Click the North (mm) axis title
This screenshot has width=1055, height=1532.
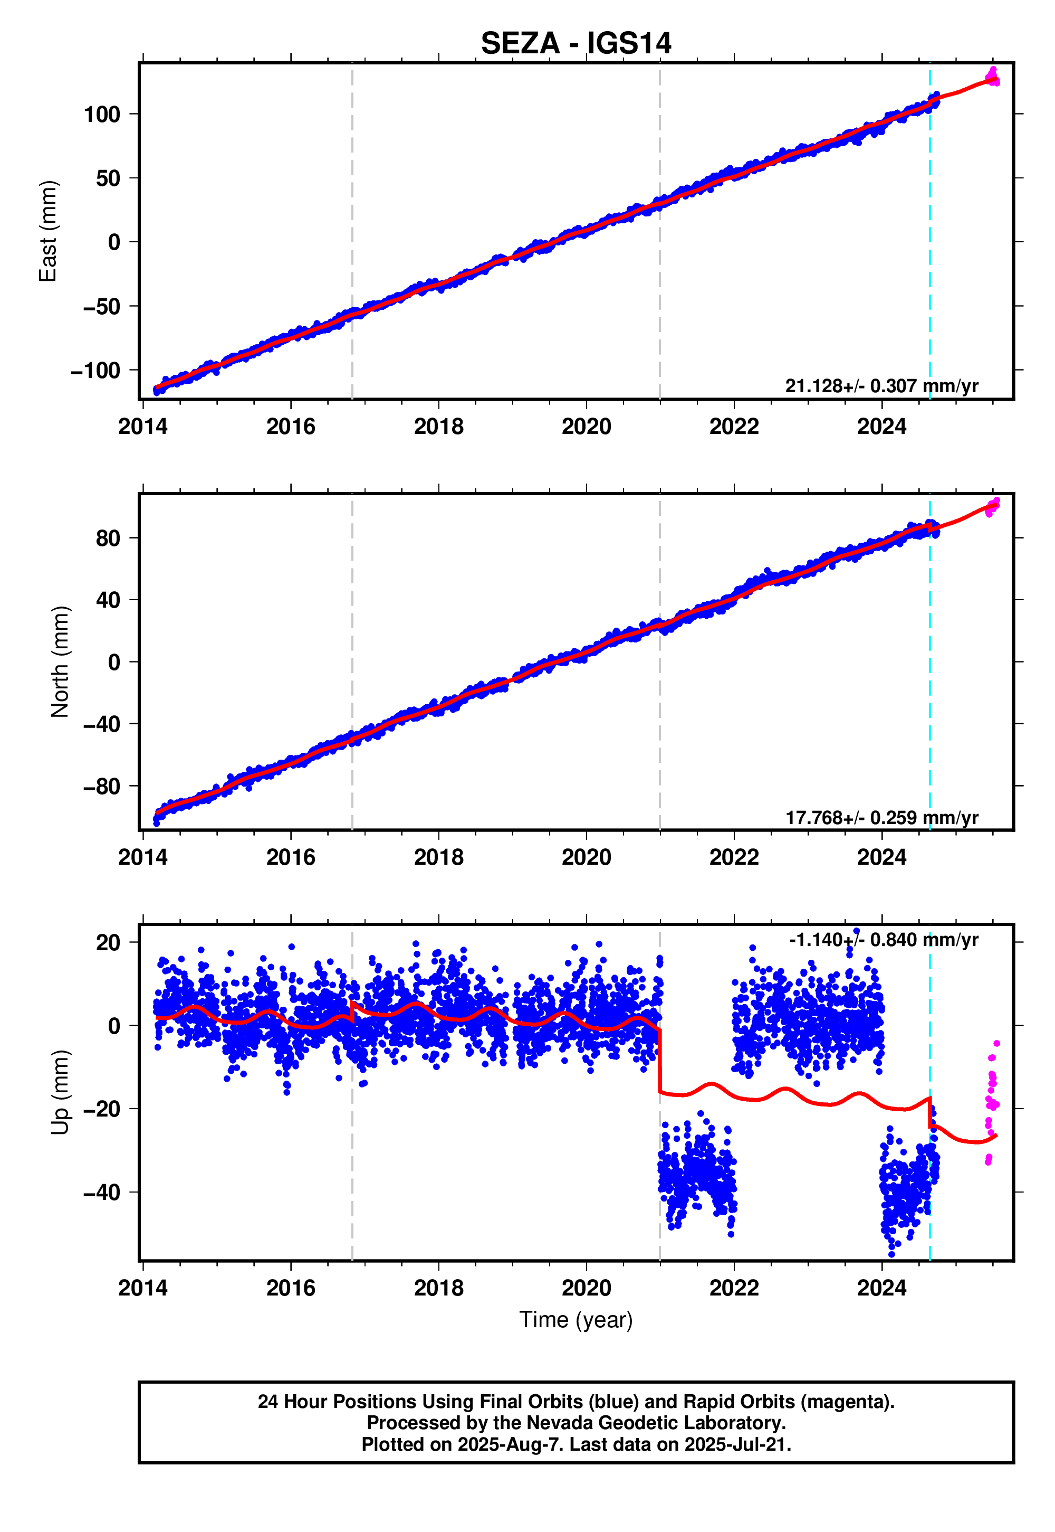point(60,661)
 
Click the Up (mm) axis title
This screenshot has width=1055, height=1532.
point(60,1091)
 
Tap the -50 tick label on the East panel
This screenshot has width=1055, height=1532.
point(101,306)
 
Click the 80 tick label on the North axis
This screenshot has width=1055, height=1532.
point(107,538)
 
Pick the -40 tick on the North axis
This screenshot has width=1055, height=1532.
point(101,724)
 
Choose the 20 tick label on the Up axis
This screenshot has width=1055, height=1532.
point(107,942)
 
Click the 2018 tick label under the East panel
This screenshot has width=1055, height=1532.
point(438,427)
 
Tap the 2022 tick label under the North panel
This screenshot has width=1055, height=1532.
point(734,857)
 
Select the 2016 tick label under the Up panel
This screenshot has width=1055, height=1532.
point(291,1288)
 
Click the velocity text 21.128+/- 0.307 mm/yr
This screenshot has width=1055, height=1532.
point(881,386)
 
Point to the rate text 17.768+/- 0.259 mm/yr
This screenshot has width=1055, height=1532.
point(881,818)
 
